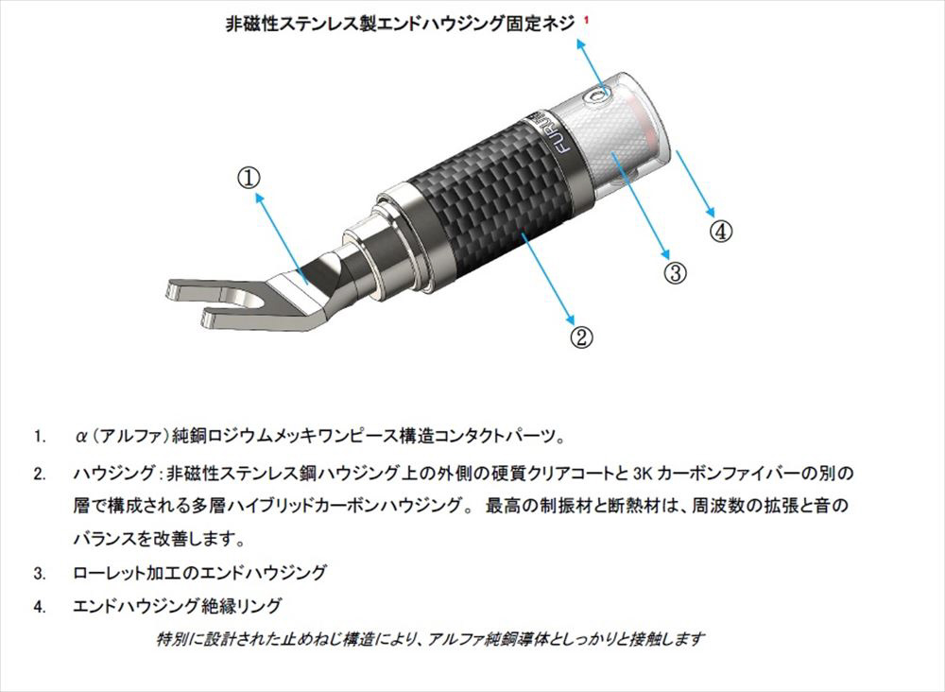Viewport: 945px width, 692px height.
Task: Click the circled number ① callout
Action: coord(249,178)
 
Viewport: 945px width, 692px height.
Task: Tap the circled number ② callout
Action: coord(581,337)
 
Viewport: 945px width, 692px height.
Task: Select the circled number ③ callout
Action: coord(676,272)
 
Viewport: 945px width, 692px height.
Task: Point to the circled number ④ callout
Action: coord(721,231)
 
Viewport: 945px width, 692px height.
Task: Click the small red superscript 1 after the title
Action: coord(587,20)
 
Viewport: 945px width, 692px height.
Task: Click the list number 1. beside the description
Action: coord(40,436)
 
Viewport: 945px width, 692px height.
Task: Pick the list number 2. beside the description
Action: coord(40,474)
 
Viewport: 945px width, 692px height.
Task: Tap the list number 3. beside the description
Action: coord(40,573)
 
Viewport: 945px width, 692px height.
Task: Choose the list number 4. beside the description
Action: coord(40,606)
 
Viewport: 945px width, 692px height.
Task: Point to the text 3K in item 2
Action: coord(643,474)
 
